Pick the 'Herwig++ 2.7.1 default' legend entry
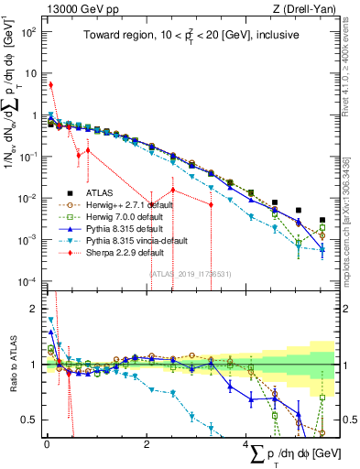pyautogui.click(x=124, y=205)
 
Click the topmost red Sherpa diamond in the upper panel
pyautogui.click(x=50, y=85)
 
